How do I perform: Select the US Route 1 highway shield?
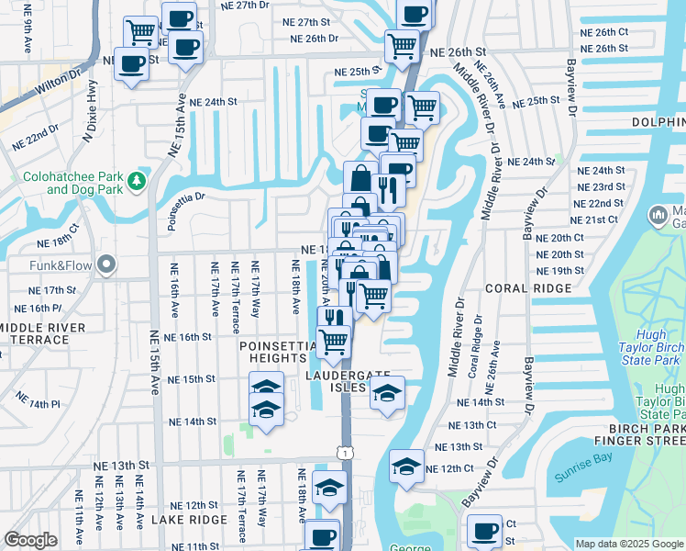pyautogui.click(x=344, y=453)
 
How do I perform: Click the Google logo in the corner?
pyautogui.click(x=30, y=540)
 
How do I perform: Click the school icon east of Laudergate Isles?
pyautogui.click(x=387, y=393)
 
